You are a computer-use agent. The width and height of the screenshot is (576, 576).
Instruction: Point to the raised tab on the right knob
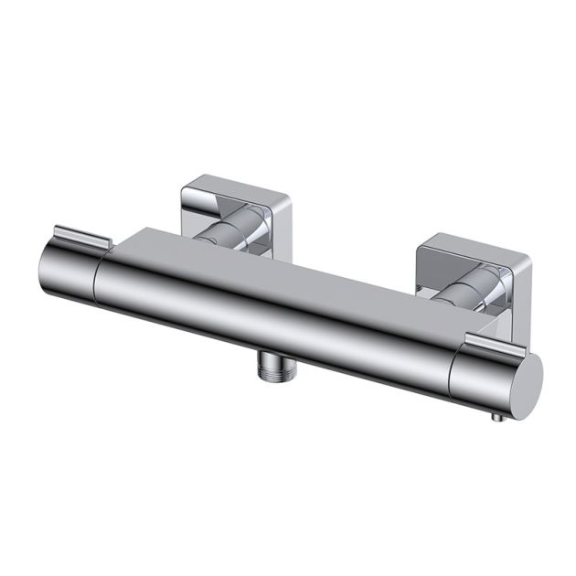pos(494,343)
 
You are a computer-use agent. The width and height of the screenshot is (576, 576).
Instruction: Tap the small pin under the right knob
pos(496,418)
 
